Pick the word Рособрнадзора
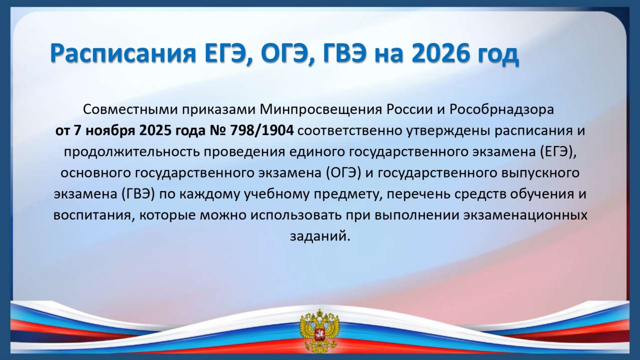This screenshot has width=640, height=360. click(x=502, y=109)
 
